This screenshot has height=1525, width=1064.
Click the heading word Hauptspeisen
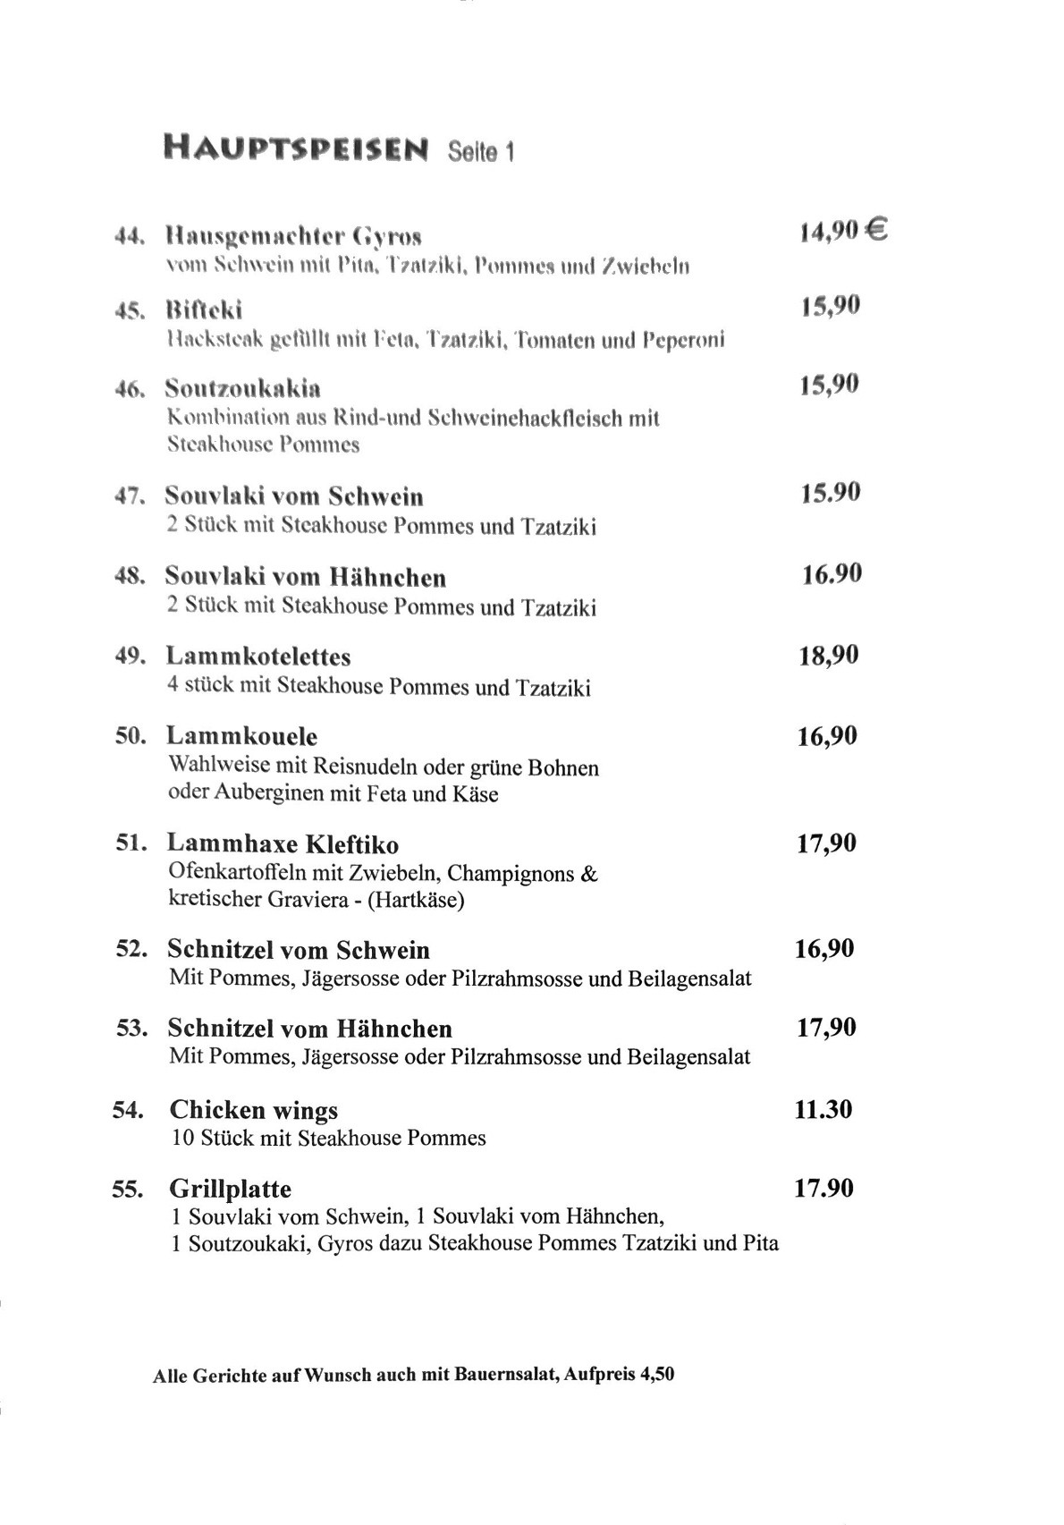tap(296, 148)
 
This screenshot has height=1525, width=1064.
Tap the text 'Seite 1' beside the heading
tap(480, 152)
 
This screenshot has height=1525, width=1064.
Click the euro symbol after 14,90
tap(876, 232)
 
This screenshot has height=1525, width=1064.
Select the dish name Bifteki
tap(204, 310)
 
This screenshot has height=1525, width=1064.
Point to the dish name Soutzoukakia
tap(243, 388)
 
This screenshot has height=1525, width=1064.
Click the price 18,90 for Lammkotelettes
tap(828, 656)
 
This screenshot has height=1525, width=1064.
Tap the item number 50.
tap(131, 736)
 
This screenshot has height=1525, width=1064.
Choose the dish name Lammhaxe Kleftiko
tap(283, 843)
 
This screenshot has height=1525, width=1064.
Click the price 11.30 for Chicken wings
tap(823, 1109)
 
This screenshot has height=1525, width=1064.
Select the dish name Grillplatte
tap(231, 1189)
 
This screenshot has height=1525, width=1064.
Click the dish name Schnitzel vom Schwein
tap(299, 949)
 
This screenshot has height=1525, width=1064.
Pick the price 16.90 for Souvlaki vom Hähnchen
tap(832, 573)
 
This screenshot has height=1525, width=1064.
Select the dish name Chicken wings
tap(254, 1110)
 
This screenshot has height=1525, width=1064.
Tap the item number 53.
tap(131, 1029)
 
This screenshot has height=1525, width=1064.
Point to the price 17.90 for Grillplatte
tap(823, 1188)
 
